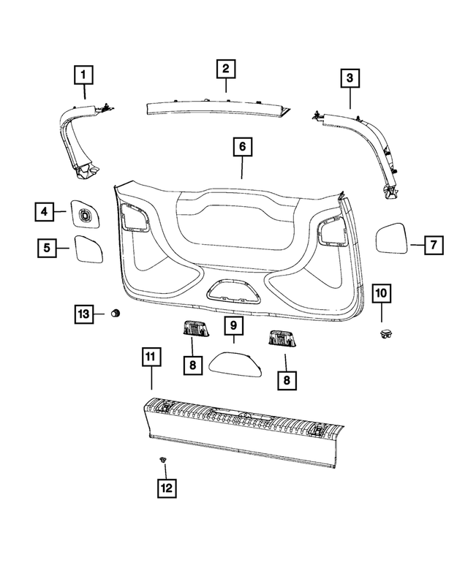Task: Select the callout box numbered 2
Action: point(226,69)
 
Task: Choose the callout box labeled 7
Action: point(432,245)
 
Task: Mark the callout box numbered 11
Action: point(150,357)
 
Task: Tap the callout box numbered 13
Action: point(84,314)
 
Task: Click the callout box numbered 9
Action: point(233,324)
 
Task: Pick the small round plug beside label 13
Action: point(115,314)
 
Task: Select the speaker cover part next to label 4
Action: point(85,213)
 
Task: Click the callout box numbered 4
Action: point(44,213)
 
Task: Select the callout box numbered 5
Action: point(47,249)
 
